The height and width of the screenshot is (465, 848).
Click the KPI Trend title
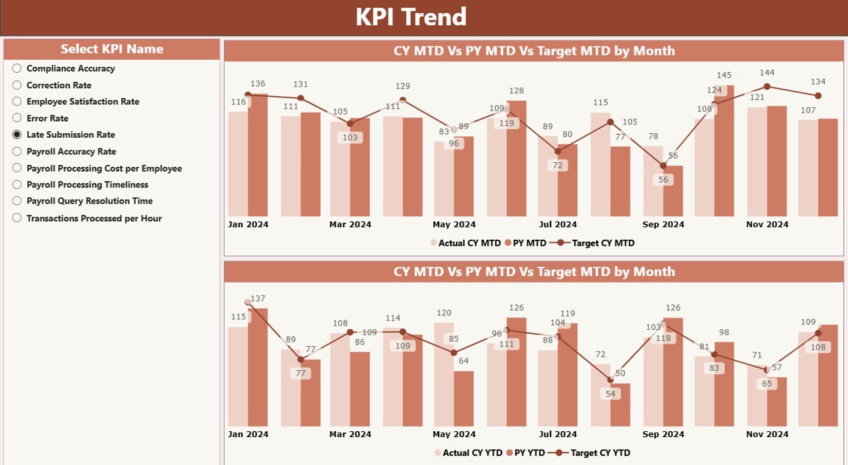click(x=411, y=17)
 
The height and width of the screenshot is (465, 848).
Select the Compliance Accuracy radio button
click(x=17, y=68)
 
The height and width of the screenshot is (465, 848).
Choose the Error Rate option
click(x=17, y=118)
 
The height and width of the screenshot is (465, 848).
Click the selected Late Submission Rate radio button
click(x=17, y=134)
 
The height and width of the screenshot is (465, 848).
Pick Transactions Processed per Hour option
click(x=17, y=218)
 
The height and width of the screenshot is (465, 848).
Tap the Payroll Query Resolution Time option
click(x=17, y=201)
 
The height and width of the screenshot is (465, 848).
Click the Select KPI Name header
click(x=111, y=49)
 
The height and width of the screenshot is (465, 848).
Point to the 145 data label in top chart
click(x=724, y=76)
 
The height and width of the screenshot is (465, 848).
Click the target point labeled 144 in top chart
click(x=767, y=86)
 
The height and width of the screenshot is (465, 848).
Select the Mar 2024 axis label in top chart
click(x=350, y=225)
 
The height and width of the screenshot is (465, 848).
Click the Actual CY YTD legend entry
click(x=471, y=453)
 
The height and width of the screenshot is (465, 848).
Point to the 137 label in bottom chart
click(x=258, y=299)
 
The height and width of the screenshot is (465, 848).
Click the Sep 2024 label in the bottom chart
click(x=663, y=435)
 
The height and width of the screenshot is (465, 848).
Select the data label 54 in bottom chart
click(x=610, y=394)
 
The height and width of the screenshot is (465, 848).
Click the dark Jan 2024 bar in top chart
click(x=258, y=155)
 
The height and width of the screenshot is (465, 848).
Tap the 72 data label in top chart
click(x=557, y=166)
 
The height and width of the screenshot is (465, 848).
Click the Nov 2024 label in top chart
click(x=767, y=225)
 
